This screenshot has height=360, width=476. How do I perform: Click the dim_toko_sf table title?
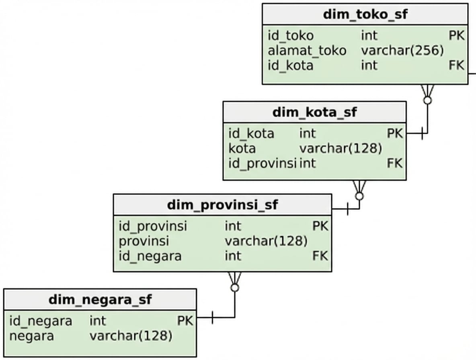365,14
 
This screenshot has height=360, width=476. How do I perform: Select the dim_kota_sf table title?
314,112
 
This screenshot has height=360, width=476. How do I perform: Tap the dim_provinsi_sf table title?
222,205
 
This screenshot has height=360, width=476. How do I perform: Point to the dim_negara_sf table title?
100,299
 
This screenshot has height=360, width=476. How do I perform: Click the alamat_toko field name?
307,51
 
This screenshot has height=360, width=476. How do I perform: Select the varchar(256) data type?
402,51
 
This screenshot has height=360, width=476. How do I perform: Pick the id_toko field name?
291,36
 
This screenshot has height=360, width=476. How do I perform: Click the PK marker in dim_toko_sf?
456,36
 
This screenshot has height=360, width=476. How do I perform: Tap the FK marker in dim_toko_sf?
456,65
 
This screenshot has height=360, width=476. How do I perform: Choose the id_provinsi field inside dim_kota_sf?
263,164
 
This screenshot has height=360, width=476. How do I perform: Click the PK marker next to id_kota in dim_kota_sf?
394,133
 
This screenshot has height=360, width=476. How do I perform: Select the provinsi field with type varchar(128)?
144,241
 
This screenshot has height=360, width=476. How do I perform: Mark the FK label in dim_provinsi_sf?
320,256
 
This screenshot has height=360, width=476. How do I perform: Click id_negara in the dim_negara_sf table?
41,321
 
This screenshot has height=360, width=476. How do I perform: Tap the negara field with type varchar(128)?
31,336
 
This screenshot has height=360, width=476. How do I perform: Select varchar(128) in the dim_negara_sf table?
131,336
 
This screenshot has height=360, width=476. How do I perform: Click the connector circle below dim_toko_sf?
427,100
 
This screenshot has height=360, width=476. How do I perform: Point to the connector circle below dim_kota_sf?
359,196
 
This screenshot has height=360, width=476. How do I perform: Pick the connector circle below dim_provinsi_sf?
235,288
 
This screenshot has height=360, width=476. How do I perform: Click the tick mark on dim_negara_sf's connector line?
212,318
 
